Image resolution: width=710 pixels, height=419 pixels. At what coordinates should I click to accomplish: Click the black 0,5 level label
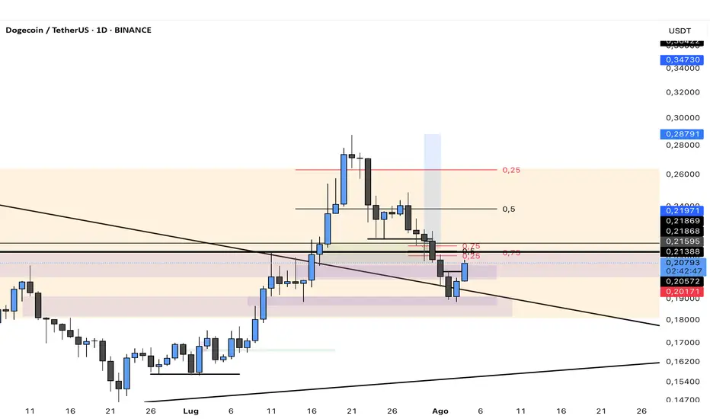click(509, 209)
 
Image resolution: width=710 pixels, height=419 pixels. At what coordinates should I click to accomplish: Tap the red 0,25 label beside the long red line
click(510, 170)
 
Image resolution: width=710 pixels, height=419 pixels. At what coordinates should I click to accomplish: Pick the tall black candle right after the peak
click(368, 181)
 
